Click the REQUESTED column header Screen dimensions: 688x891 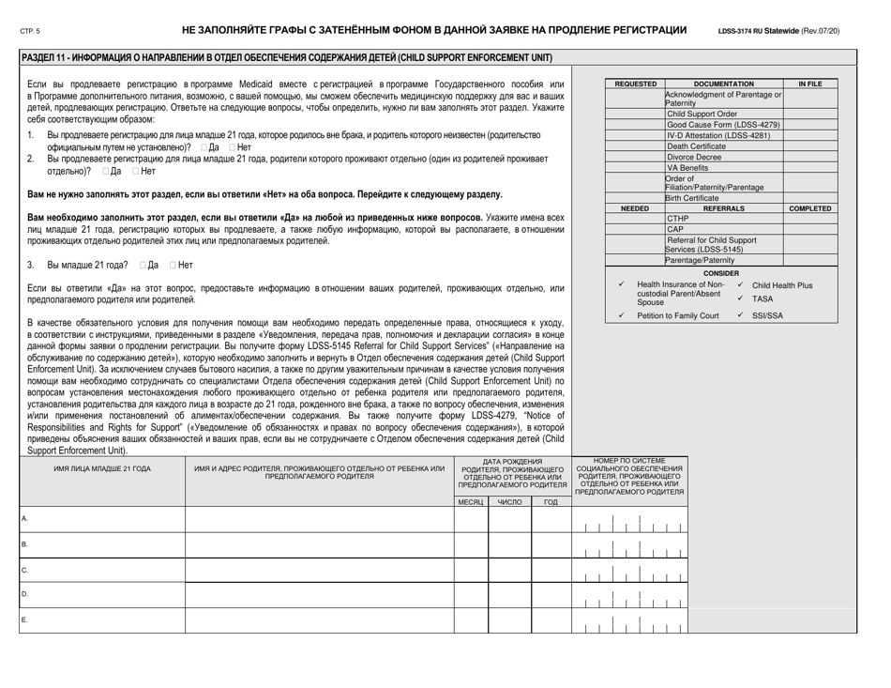pyautogui.click(x=634, y=84)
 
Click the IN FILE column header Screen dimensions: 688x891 pyautogui.click(x=809, y=84)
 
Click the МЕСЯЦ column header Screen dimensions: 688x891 pyautogui.click(x=470, y=503)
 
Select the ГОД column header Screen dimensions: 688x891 pyautogui.click(x=551, y=503)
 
